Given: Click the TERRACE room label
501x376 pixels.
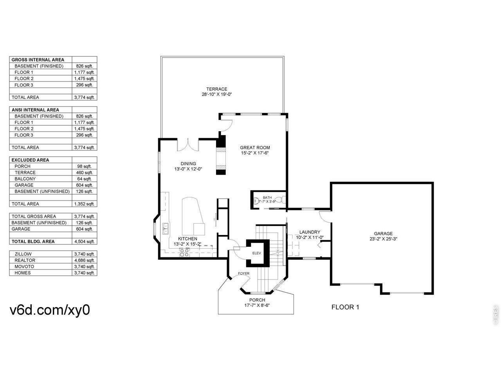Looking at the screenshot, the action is [x=216, y=89].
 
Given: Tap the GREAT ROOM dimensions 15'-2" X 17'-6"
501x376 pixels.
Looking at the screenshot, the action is [x=255, y=153].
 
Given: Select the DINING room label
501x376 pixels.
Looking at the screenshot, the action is [x=188, y=163].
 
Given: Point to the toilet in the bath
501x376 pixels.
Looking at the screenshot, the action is [x=282, y=200].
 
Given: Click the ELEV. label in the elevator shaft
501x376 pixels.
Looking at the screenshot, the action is [x=257, y=253].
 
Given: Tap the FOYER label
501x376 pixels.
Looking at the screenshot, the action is [x=243, y=273].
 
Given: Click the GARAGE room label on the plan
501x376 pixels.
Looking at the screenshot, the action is [x=383, y=233].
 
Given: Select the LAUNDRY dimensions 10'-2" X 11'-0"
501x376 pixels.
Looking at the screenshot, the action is [x=310, y=237].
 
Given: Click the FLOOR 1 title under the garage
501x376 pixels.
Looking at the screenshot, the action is [x=345, y=307].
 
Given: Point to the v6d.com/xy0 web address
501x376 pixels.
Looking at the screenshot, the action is [x=50, y=310].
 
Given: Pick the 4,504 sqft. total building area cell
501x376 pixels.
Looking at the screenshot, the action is [x=84, y=242].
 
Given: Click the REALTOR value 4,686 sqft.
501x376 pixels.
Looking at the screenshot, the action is [x=84, y=260].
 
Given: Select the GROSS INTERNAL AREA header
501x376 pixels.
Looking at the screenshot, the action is [x=38, y=60].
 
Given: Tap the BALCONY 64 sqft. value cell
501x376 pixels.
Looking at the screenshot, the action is [x=84, y=179].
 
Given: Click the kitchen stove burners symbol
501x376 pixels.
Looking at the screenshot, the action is [x=184, y=252].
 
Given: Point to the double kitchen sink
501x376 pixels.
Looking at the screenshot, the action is [x=165, y=228].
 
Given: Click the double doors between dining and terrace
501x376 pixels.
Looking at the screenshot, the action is [x=188, y=145].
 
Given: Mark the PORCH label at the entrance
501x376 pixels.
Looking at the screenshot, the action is [x=257, y=300].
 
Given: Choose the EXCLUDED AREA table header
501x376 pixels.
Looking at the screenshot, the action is [x=30, y=160].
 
